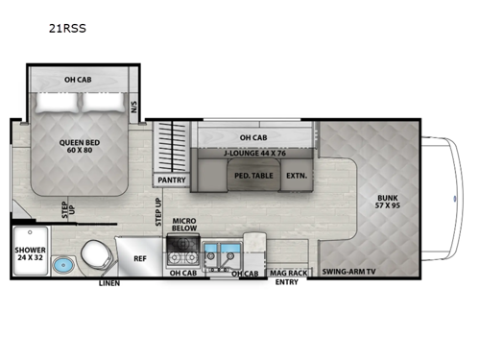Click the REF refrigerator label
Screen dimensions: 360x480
(x=140, y=258)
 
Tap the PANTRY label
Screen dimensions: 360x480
(x=170, y=180)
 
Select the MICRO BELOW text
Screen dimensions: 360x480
(x=184, y=228)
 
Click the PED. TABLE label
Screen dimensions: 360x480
(x=252, y=176)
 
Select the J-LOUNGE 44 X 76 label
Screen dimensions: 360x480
(x=252, y=151)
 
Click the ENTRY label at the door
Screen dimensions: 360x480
(x=286, y=283)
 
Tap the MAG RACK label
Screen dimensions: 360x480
(x=288, y=273)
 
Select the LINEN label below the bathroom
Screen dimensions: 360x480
(x=109, y=284)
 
